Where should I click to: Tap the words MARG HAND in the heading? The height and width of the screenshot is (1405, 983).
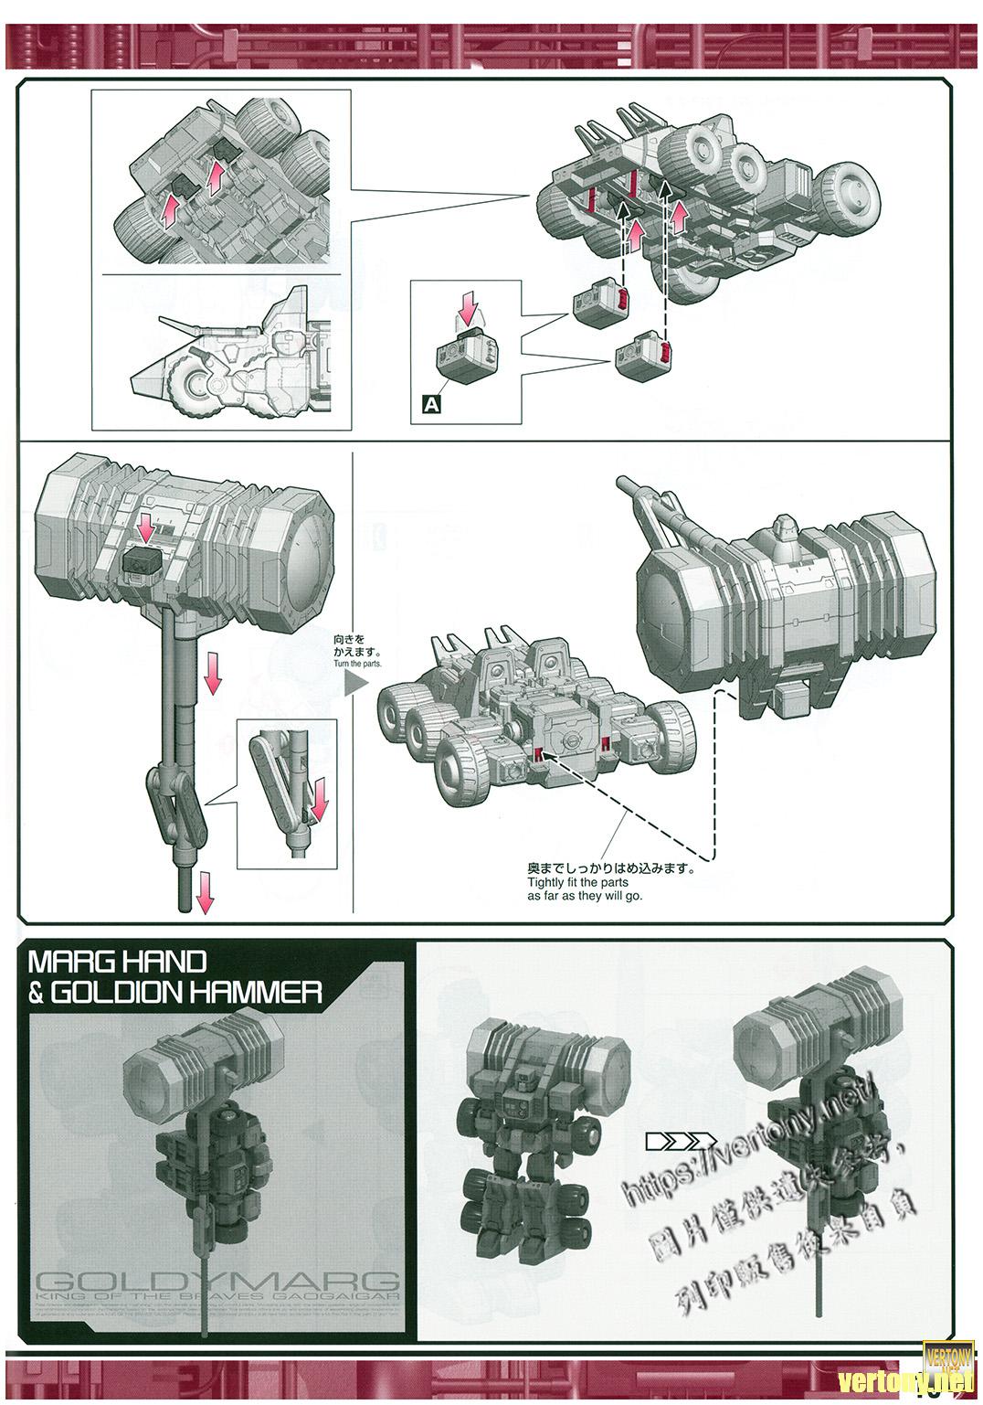coord(118,962)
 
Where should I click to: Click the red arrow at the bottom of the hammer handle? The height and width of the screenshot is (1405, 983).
coord(205,889)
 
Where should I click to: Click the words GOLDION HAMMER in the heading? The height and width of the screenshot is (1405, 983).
coord(185,992)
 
